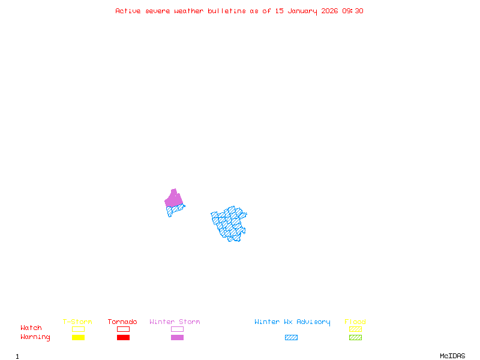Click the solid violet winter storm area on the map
click(x=173, y=199)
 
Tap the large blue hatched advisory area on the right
click(x=229, y=223)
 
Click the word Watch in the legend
click(x=31, y=328)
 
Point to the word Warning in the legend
click(x=35, y=337)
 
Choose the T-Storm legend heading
click(x=77, y=322)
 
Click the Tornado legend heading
click(x=122, y=322)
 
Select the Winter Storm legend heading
click(x=175, y=322)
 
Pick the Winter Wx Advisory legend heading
click(x=292, y=322)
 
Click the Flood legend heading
click(x=355, y=322)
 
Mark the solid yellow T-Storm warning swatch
click(x=78, y=337)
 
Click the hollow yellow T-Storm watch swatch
click(x=78, y=329)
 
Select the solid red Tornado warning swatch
click(x=123, y=337)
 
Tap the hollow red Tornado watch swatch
click(x=123, y=329)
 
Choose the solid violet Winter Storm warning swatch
click(x=177, y=337)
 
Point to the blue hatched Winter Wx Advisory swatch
click(x=291, y=337)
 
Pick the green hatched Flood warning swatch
click(x=355, y=337)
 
